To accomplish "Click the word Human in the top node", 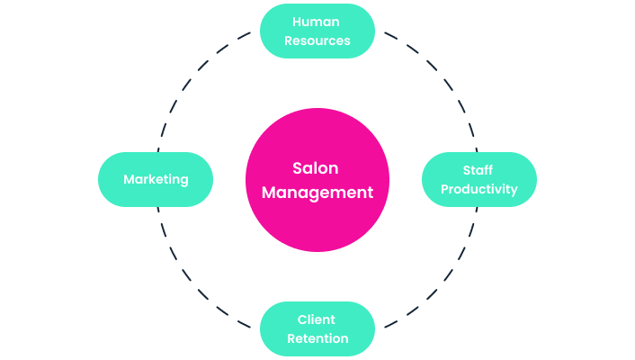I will point(317,22).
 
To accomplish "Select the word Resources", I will point(317,40).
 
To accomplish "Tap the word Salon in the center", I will point(317,168).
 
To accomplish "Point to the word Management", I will point(317,192).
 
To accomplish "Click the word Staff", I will point(478,170).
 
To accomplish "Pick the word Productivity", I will point(478,189).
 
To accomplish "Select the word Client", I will point(317,319).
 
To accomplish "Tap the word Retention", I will point(317,338).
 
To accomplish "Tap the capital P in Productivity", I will point(444,189).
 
